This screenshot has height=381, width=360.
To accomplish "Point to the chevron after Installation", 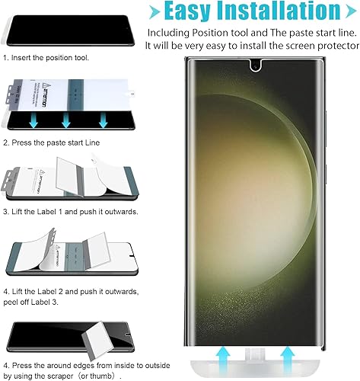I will pos(344,12).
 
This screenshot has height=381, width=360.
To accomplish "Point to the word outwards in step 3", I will pos(119,210).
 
